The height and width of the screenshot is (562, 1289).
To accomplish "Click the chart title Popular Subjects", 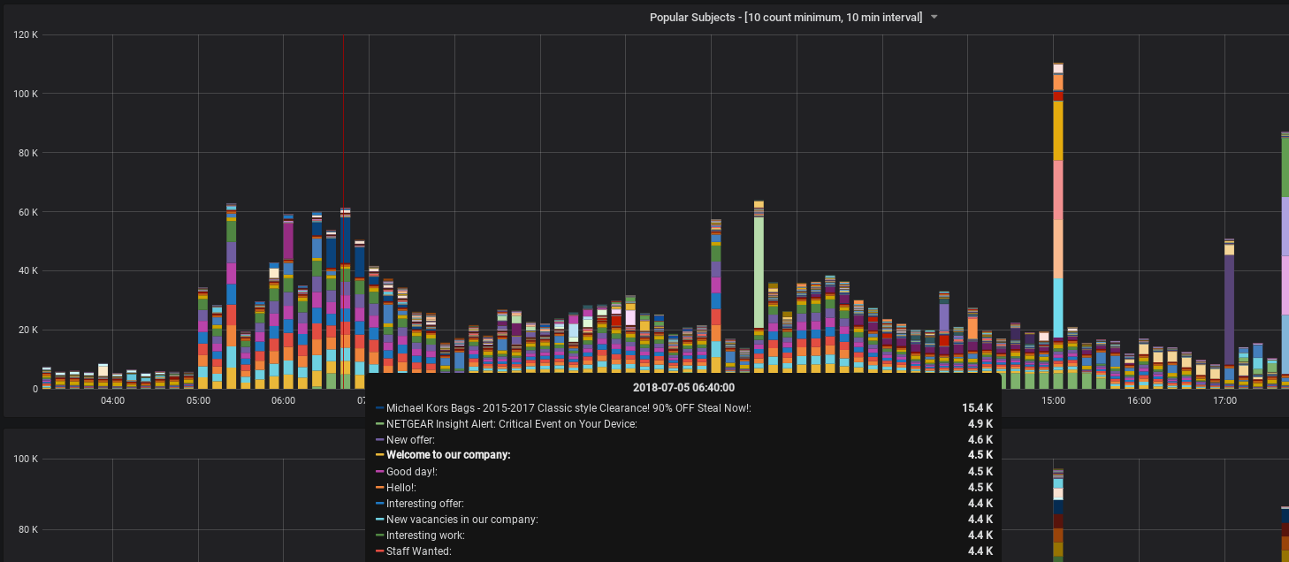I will coord(785,18).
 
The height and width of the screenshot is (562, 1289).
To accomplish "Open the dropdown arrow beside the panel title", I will coord(934,18).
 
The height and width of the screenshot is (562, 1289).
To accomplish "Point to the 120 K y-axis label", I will coord(25,34).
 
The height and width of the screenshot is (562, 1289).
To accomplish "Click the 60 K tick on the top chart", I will coord(27,212).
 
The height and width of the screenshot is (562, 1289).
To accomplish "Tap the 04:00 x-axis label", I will coord(112,400).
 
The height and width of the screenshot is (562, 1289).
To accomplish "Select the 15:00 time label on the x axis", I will coord(1053,400).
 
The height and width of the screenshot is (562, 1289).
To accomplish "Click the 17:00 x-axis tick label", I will coord(1224,400).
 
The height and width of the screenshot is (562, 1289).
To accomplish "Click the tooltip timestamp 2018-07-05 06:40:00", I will coord(683,387).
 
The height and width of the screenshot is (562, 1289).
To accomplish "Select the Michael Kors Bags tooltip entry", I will coord(568,408).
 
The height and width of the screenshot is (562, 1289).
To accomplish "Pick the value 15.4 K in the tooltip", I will coord(977,408).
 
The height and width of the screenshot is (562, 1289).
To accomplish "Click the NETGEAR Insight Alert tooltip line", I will coord(511,424).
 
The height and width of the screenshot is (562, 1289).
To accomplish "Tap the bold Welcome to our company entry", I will coord(448,456).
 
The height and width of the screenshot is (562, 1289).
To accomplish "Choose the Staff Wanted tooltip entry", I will coord(418,551).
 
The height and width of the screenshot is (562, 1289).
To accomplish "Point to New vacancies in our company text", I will coord(461,520).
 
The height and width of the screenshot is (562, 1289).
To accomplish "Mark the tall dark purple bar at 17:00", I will coord(1229,309).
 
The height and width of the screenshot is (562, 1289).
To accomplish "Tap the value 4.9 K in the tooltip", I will coord(980,424).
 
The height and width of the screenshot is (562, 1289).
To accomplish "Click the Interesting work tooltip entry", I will coord(425,535).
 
